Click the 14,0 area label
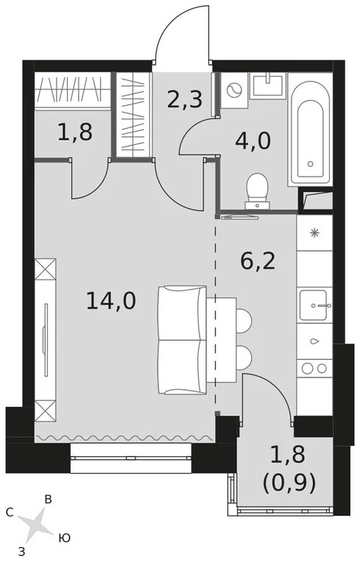tap(110, 301)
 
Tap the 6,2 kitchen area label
tap(258, 260)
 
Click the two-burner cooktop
tap(315, 368)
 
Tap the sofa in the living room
tap(181, 340)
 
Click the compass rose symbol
tap(35, 525)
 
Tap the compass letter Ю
tap(65, 539)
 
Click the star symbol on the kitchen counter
tap(315, 234)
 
